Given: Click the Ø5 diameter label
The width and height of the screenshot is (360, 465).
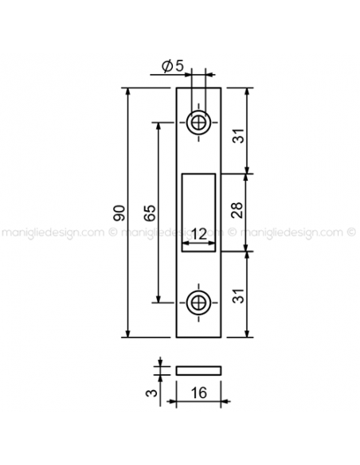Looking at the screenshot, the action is pyautogui.click(x=173, y=66).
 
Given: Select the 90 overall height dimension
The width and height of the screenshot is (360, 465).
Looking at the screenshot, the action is pyautogui.click(x=119, y=213).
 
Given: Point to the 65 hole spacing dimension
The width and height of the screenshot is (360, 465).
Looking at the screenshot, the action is pyautogui.click(x=150, y=213).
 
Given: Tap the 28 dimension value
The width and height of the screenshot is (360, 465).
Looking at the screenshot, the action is pyautogui.click(x=237, y=210).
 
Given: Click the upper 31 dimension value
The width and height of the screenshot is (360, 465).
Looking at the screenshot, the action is pyautogui.click(x=238, y=136).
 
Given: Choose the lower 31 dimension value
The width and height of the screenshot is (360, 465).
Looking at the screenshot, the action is pyautogui.click(x=238, y=295).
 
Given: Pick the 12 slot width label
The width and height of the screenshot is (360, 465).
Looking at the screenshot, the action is pyautogui.click(x=198, y=235).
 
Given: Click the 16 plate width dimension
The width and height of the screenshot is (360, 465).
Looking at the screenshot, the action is pyautogui.click(x=198, y=393).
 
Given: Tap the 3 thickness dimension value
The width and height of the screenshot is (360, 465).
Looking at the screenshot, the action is pyautogui.click(x=151, y=393).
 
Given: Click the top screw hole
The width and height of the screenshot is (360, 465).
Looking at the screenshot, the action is pyautogui.click(x=198, y=122).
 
